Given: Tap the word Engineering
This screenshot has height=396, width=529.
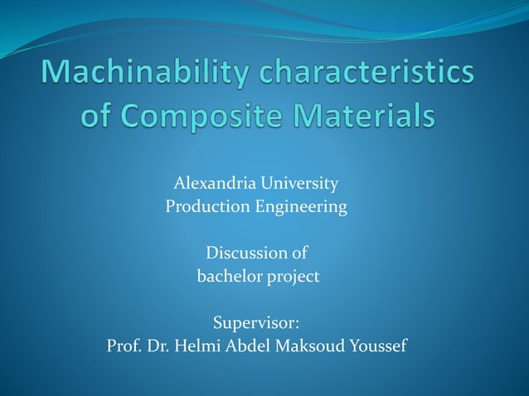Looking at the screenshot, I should tap(298, 207).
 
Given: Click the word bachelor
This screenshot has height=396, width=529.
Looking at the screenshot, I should tap(230, 276).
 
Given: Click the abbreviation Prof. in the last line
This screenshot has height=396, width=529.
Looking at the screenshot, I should tap(124, 345).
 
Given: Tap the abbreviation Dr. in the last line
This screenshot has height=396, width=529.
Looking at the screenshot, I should tap(159, 345).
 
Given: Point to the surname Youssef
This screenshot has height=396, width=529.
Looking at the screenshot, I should tap(378, 345).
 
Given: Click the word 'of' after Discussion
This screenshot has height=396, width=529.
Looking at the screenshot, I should tap(300, 253).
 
